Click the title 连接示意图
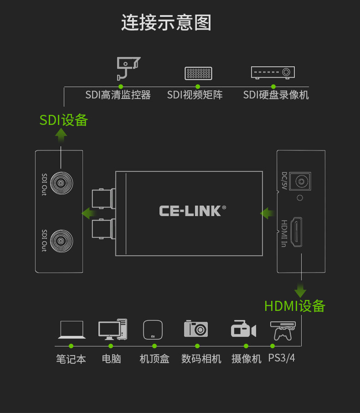coord(166,23)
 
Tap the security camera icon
coord(128,68)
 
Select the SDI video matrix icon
coord(198,73)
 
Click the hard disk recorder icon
coord(273,72)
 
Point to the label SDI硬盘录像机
coord(276,95)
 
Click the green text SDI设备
coord(63,120)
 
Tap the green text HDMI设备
coord(295,306)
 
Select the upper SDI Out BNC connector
coord(62,183)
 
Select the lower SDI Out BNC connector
coord(62,241)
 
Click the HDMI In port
coord(296,232)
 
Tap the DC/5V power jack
coord(300,181)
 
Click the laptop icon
coord(72,330)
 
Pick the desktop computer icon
coord(113,329)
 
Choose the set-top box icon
coord(153,330)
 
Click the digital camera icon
coord(196,329)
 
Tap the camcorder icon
coord(243,329)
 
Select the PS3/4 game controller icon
coord(283,331)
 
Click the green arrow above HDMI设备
coord(300,290)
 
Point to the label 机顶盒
coord(154,359)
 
